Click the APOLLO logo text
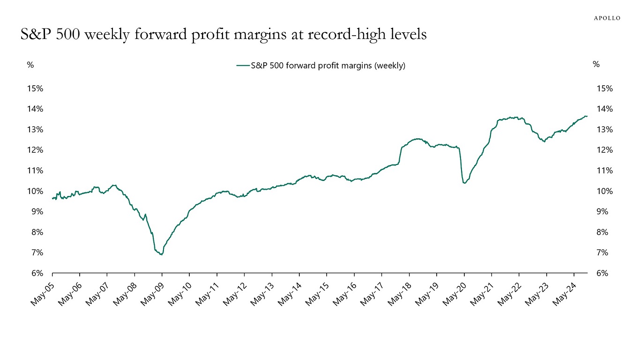pyautogui.click(x=607, y=18)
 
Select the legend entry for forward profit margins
pyautogui.click(x=321, y=66)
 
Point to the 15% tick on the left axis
pyautogui.click(x=35, y=89)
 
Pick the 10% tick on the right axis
pyautogui.click(x=604, y=191)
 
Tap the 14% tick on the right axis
pyautogui.click(x=604, y=109)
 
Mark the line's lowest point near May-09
pyautogui.click(x=161, y=255)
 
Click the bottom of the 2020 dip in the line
pyautogui.click(x=464, y=183)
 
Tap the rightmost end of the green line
pyautogui.click(x=587, y=116)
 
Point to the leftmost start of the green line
pyautogui.click(x=52, y=198)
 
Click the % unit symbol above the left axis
pyautogui.click(x=30, y=65)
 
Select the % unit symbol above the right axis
pyautogui.click(x=596, y=65)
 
